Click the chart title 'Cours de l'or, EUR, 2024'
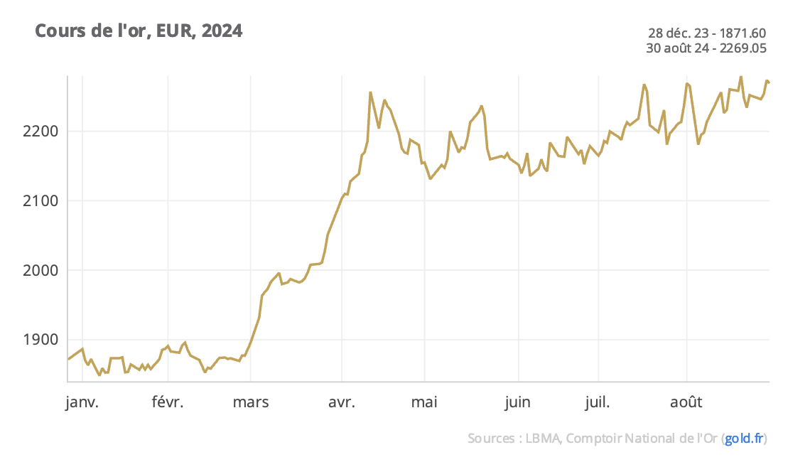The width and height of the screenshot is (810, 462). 139,31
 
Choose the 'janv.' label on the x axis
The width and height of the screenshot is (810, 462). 82,403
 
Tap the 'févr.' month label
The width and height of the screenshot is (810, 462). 168,403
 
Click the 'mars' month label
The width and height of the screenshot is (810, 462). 250,403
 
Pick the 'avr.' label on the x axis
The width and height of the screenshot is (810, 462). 342,403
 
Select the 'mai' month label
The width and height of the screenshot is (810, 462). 424,403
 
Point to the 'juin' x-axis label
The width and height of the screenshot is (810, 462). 518,403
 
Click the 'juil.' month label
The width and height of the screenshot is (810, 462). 598,403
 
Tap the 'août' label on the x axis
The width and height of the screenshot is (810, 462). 686,403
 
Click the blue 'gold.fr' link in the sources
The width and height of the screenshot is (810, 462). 745,439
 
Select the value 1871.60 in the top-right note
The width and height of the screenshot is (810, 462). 742,33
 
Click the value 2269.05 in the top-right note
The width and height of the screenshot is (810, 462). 742,48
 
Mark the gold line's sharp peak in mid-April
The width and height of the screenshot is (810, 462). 370,92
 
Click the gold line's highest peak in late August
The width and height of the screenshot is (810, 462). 741,77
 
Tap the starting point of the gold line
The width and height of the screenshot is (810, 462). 68,359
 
